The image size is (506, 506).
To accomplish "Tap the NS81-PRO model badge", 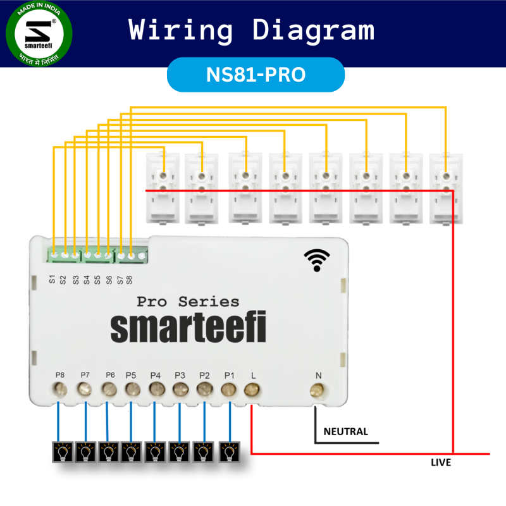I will point(256,75).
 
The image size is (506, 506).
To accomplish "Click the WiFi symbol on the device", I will point(317,259).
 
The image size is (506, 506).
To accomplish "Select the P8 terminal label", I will point(60,375).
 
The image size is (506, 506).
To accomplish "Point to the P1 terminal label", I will point(229,375).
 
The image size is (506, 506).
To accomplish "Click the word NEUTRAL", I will point(345,432).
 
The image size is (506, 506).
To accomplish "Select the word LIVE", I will point(441,463).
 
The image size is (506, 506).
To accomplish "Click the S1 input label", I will point(52,278).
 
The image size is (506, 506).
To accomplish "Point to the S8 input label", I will point(129,278).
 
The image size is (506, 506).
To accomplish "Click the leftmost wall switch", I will point(164,188).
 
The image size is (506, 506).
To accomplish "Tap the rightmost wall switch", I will point(446,188).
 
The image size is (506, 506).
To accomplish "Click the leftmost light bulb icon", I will point(62,452).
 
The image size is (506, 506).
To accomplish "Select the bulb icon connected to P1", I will point(229,452).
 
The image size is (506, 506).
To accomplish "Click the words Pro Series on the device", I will point(188,302).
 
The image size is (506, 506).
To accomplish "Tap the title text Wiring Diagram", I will point(252,30).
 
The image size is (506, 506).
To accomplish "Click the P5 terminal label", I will point(131,375).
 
